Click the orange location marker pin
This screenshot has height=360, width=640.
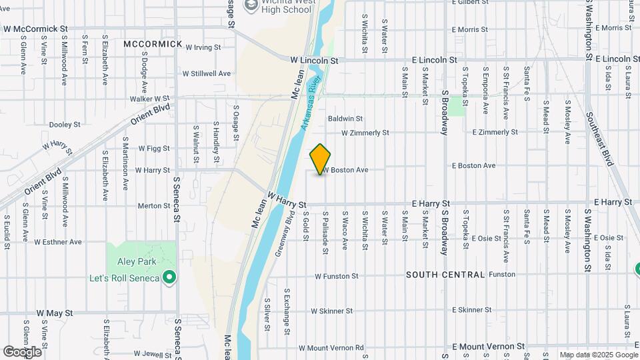321,159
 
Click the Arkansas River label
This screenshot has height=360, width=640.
310,104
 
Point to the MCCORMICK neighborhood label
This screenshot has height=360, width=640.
153,44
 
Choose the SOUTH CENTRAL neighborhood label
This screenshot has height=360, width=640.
445,275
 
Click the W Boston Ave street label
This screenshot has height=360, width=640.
346,170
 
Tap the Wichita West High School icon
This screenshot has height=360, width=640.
251,7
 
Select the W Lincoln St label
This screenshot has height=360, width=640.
314,59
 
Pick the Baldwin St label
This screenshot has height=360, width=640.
345,119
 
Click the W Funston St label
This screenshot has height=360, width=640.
337,275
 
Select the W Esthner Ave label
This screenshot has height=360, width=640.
58,242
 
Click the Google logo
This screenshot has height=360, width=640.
22,351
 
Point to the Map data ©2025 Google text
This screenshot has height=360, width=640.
598,355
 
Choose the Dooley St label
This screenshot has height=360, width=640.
65,125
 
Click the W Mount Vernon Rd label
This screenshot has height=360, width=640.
331,347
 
